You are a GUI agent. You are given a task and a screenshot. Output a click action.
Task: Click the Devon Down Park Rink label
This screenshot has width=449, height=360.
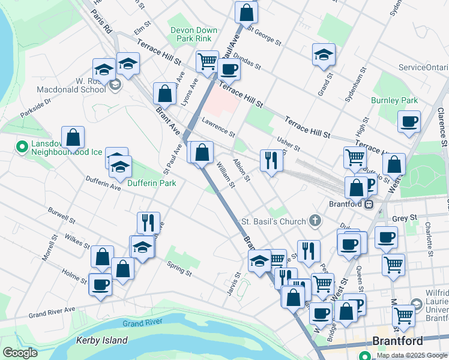click(191, 34)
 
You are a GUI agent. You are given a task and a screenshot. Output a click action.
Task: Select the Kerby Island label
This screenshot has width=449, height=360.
click(102, 340)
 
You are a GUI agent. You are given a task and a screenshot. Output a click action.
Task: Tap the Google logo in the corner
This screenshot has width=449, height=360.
click(20, 353)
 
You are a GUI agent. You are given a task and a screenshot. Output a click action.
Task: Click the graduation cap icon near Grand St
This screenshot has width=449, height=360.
click(324, 54)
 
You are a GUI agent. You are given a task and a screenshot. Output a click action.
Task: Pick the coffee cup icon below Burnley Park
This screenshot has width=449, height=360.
click(409, 121)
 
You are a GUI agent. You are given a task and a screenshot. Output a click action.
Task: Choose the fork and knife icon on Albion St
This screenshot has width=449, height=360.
click(271, 160)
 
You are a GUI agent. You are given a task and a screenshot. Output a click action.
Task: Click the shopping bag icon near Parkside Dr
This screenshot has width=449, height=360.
click(73, 137)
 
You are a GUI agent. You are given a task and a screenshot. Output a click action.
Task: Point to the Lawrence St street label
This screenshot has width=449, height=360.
click(218, 126)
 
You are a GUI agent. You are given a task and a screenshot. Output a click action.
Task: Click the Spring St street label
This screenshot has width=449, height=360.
click(179, 269)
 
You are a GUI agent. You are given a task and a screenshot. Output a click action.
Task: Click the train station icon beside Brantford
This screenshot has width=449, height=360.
click(369, 203)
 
